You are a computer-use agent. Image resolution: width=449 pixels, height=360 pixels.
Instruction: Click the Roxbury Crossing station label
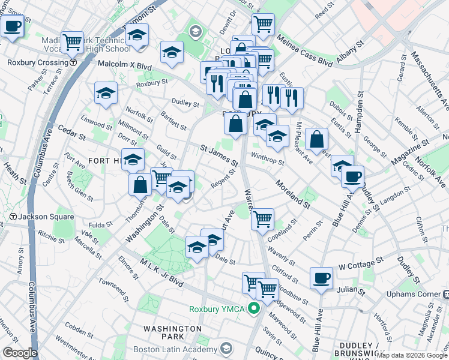pyautogui.click(x=37, y=62)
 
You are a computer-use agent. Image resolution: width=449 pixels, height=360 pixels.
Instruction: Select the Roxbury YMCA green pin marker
pyautogui.click(x=254, y=309)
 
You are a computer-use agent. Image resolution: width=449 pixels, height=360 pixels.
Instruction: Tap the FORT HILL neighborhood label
pyautogui.click(x=105, y=161)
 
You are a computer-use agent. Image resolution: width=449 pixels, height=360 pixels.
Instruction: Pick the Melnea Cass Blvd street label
pyautogui.click(x=305, y=50)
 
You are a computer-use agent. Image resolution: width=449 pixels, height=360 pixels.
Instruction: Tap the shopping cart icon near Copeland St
pyautogui.click(x=262, y=218)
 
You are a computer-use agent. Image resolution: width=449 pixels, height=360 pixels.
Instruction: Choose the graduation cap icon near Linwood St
pyautogui.click(x=106, y=92)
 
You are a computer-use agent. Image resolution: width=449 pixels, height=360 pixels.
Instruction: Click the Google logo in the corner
pyautogui.click(x=20, y=353)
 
